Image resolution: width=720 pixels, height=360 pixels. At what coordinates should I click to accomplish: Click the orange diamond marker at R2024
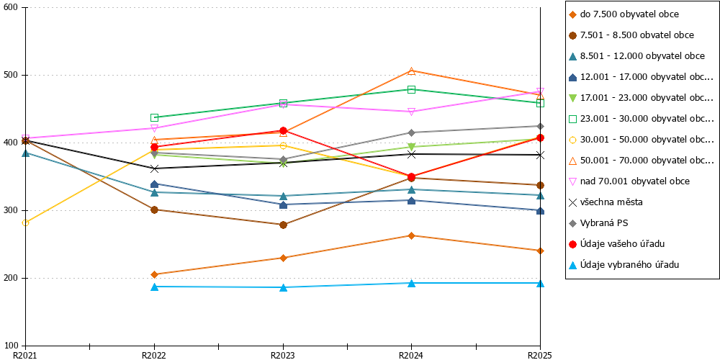pos(411,235)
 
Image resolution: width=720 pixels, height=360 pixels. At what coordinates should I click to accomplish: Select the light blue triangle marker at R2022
pos(154,287)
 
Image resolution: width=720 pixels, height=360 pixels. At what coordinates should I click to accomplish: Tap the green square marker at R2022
pos(154,117)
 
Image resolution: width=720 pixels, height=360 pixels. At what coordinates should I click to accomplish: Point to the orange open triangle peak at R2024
pos(411,71)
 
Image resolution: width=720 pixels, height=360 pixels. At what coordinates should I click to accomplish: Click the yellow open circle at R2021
pos(26,222)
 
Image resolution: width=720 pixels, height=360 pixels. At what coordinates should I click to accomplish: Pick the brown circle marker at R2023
pos(283,225)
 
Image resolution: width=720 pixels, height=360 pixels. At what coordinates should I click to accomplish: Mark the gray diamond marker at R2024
pos(411,132)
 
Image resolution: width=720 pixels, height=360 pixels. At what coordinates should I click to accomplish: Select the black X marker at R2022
pos(154,168)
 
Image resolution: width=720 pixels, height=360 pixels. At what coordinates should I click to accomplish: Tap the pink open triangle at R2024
pos(411,112)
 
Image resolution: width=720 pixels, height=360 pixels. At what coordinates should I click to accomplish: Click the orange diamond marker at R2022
pos(154,274)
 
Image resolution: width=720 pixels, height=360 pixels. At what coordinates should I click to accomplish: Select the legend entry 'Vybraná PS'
pos(598,223)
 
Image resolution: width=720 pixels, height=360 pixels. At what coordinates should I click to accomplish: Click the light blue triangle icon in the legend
pos(572,265)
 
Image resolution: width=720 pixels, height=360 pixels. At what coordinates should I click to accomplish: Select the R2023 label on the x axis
pos(283,355)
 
